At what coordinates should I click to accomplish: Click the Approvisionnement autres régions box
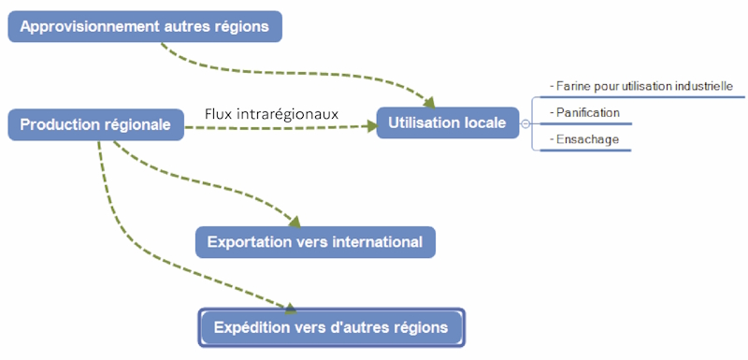click(145, 26)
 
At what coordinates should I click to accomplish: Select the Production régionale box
click(95, 124)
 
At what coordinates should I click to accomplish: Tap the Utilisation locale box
click(447, 122)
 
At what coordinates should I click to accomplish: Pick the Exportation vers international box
click(315, 242)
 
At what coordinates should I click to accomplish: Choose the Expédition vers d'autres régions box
click(332, 327)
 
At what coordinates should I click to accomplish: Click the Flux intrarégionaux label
click(271, 114)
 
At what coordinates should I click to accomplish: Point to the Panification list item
click(586, 113)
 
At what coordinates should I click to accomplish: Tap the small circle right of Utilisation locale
click(525, 123)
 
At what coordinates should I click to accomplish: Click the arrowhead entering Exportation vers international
click(295, 222)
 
